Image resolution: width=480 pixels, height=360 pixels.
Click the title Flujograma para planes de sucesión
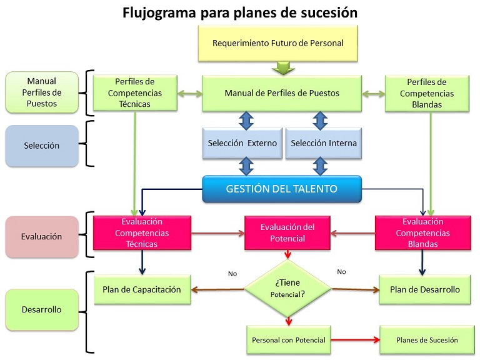[240, 12]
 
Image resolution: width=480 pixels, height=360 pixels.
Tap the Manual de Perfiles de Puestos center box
[281, 93]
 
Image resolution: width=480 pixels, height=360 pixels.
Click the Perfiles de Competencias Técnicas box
[135, 92]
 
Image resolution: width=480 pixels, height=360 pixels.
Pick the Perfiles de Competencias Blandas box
[426, 92]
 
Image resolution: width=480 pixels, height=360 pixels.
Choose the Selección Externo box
[242, 143]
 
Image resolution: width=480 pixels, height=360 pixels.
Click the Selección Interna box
[324, 143]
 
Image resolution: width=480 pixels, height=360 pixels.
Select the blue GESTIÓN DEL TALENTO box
[281, 189]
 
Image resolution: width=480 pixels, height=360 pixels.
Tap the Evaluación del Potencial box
[287, 232]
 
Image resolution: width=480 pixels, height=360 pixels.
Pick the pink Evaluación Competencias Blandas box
[422, 232]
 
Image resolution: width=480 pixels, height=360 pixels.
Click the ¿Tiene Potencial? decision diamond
[287, 289]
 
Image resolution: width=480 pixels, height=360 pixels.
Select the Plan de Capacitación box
[142, 289]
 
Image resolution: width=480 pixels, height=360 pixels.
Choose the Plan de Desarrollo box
[424, 289]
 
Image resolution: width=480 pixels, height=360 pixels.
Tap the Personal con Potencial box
[287, 340]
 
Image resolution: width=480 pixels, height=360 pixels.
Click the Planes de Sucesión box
[427, 340]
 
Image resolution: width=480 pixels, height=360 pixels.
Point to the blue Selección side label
[42, 146]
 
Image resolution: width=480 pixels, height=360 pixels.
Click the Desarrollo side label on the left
[42, 309]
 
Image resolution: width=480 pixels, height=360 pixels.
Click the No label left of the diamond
[232, 272]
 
